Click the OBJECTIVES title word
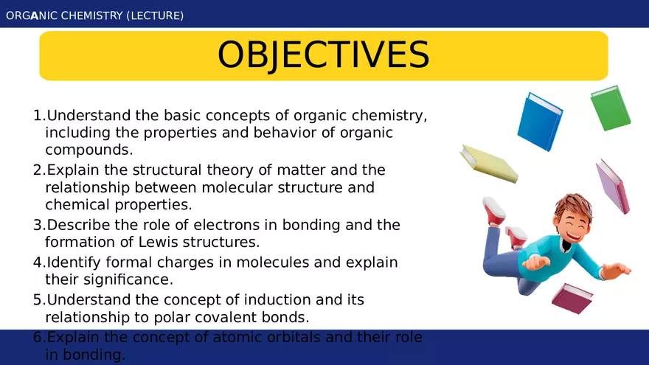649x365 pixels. point(323,55)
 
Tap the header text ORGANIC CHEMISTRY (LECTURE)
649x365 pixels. point(94,15)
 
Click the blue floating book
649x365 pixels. point(539,122)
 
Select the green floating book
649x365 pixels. point(611,108)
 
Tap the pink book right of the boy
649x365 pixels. point(614,187)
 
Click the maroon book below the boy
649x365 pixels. point(572,298)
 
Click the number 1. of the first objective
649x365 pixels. point(39,116)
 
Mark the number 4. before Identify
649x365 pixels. point(39,263)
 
